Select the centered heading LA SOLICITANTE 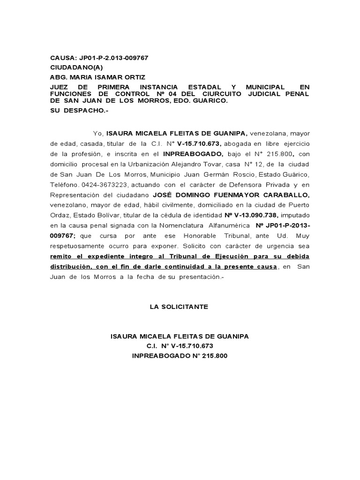[179, 307]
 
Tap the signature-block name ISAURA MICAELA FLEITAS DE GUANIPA [180, 336]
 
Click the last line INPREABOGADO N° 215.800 [180, 355]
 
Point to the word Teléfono [65, 184]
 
